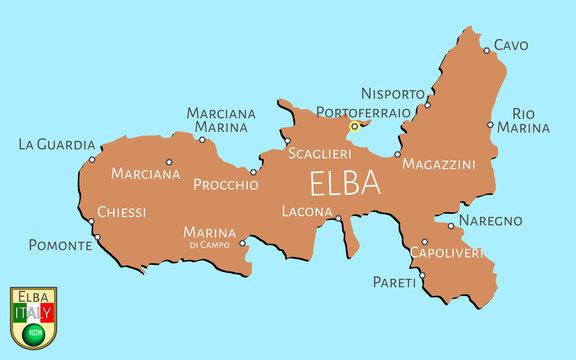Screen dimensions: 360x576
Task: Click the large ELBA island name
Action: click(345, 184)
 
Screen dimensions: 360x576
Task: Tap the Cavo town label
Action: click(511, 45)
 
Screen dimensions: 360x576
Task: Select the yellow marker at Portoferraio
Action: click(354, 127)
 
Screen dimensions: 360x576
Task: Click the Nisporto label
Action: click(393, 93)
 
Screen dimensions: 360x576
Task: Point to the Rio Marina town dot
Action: click(490, 125)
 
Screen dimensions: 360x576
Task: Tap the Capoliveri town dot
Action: click(424, 241)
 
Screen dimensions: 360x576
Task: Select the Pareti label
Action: click(394, 283)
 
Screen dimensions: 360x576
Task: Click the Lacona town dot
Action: click(338, 218)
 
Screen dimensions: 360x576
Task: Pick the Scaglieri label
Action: click(319, 154)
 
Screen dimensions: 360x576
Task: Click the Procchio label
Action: click(225, 184)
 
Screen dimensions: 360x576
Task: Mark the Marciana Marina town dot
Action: click(202, 140)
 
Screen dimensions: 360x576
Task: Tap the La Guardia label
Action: click(57, 145)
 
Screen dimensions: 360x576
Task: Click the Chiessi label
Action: click(122, 212)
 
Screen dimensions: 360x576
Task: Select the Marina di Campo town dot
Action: click(242, 241)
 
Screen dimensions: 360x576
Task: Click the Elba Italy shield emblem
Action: click(33, 318)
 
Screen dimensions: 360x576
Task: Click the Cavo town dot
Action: click(486, 50)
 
